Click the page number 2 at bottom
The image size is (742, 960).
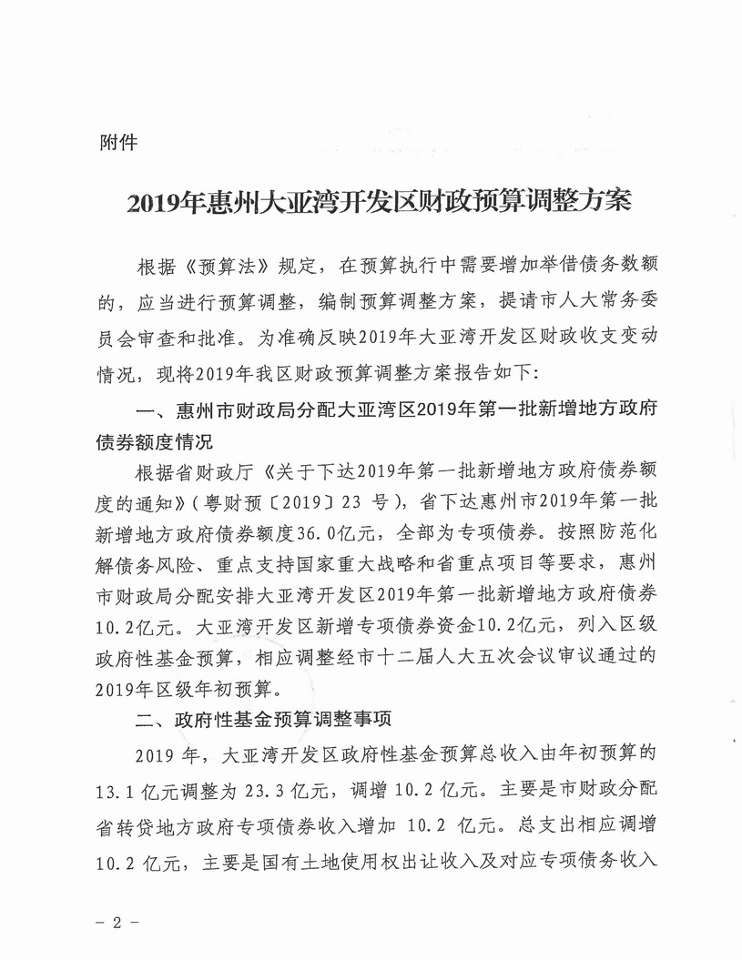pos(117,920)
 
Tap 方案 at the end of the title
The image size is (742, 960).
pos(607,200)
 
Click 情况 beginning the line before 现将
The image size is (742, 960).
pos(109,372)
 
